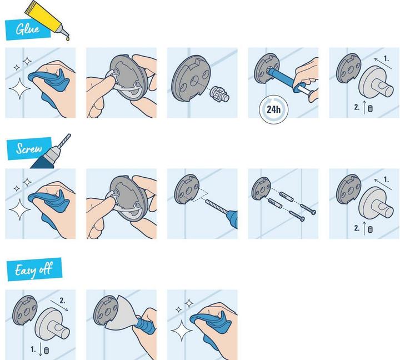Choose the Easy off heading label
click(x=34, y=270)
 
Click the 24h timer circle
click(x=273, y=108)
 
